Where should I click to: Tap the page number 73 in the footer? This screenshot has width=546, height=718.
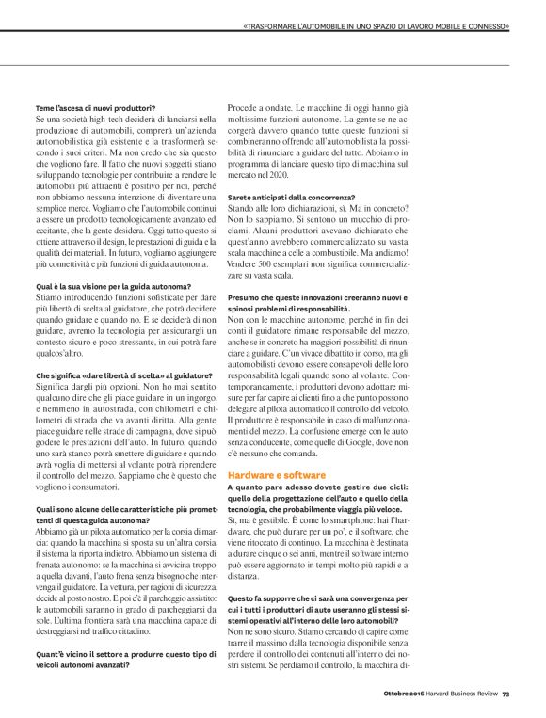click(x=505, y=694)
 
